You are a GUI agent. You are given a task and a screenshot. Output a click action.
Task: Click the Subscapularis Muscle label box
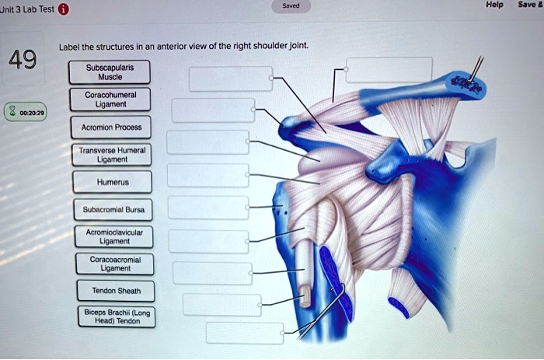pyautogui.click(x=113, y=72)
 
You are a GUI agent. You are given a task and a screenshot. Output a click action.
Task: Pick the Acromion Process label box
pyautogui.click(x=113, y=128)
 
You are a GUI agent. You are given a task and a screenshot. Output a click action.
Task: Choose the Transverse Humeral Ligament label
pyautogui.click(x=113, y=154)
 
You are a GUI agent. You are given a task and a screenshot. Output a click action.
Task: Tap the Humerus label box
pyautogui.click(x=113, y=182)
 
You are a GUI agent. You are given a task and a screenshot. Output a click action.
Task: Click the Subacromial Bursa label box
pyautogui.click(x=113, y=209)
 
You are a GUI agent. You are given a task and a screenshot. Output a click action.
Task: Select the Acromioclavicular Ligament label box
pyautogui.click(x=113, y=236)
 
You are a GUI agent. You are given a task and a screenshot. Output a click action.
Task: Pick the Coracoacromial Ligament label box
pyautogui.click(x=113, y=264)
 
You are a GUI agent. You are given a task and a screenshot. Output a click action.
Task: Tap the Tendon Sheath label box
pyautogui.click(x=113, y=292)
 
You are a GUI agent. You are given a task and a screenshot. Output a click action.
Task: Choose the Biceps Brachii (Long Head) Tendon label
pyautogui.click(x=113, y=317)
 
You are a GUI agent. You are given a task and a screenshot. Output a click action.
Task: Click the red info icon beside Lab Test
pyautogui.click(x=64, y=10)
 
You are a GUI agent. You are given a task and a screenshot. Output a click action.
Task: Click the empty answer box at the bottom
pyautogui.click(x=239, y=333)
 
